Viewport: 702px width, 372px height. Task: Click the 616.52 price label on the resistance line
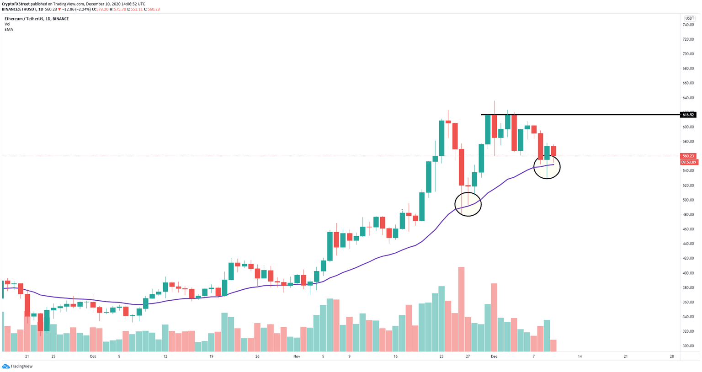click(x=688, y=115)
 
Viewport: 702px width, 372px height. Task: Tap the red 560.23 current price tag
click(x=688, y=156)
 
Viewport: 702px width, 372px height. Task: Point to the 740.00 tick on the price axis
click(x=688, y=25)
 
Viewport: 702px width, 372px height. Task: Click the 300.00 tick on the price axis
click(x=688, y=346)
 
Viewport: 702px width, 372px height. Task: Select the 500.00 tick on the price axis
click(x=688, y=200)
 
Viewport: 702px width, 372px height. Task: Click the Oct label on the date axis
click(x=93, y=356)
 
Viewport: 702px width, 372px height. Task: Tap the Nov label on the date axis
click(x=297, y=356)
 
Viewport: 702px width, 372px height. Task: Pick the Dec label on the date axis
click(x=494, y=356)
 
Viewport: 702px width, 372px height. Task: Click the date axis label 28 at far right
click(x=671, y=356)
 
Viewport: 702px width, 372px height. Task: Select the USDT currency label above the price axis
click(x=689, y=18)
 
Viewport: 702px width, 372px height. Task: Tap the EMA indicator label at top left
click(x=9, y=29)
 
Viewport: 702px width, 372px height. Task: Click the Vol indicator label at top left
click(x=7, y=24)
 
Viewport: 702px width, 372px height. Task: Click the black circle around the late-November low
click(x=468, y=204)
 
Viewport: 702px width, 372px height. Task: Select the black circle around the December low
click(x=547, y=167)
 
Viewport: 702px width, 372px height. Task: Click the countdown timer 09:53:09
click(x=688, y=162)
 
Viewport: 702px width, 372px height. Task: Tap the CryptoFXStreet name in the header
click(x=16, y=4)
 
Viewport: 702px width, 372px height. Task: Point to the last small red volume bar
click(x=553, y=345)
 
